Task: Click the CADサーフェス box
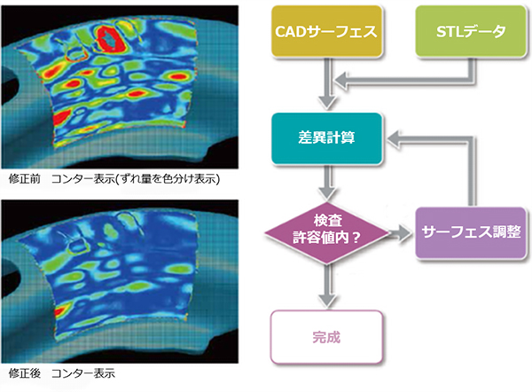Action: (326, 31)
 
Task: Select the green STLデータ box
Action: (471, 31)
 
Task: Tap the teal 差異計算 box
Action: (326, 138)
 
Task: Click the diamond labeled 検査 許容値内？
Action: (326, 233)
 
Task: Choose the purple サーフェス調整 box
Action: (471, 233)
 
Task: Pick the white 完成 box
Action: (326, 337)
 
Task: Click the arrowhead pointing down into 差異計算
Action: (327, 102)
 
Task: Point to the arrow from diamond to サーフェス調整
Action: (400, 233)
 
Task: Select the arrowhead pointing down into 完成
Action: (327, 301)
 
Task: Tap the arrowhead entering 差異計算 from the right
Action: (395, 139)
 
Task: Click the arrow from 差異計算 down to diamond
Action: (327, 183)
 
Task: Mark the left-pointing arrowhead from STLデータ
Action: (341, 81)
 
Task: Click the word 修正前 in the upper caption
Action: (25, 179)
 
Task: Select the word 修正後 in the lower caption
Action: (25, 373)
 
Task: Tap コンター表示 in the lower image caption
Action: (83, 373)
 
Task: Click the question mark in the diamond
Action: (356, 238)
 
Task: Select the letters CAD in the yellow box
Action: (289, 32)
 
